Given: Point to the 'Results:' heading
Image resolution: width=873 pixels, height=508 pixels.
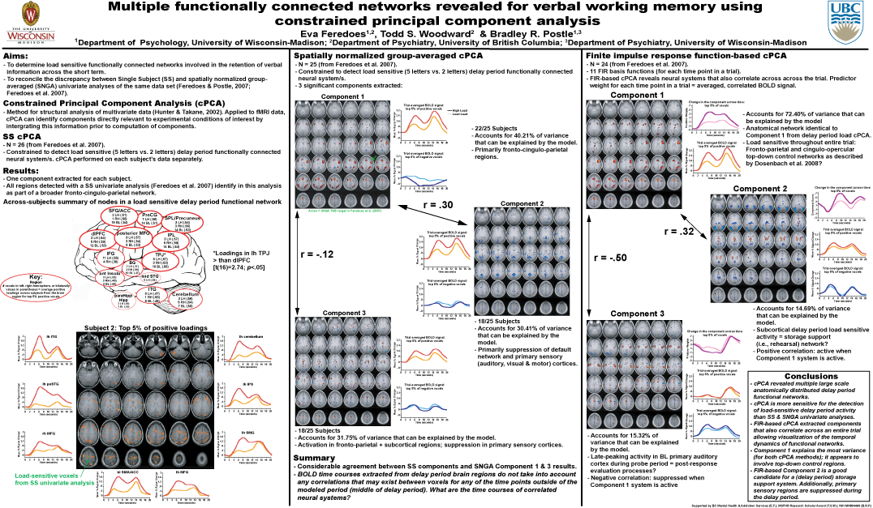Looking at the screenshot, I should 21,171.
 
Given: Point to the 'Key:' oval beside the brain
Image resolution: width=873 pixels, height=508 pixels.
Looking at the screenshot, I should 35,287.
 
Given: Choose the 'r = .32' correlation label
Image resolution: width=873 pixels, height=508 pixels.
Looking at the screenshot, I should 682,231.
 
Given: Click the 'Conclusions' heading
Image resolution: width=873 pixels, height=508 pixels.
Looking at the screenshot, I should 811,377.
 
